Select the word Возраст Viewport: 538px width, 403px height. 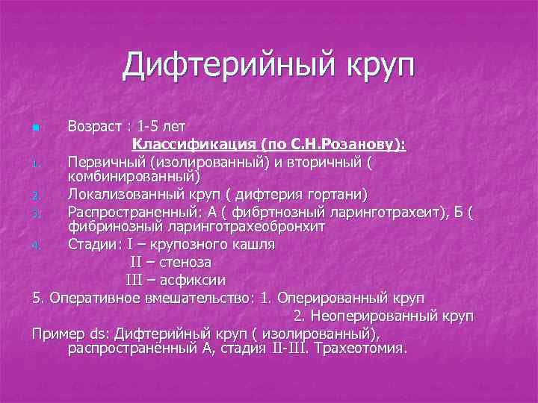click(x=95, y=124)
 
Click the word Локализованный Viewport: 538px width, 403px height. click(x=124, y=195)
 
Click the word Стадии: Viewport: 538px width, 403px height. click(x=94, y=244)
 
